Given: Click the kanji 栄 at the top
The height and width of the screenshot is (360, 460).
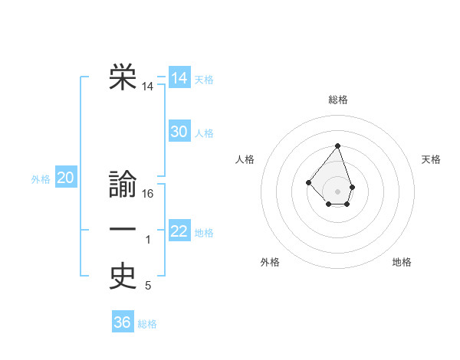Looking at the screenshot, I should (123, 77).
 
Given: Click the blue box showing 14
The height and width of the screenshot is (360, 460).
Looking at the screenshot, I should (179, 78).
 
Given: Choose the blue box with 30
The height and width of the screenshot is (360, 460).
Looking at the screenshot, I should (179, 132).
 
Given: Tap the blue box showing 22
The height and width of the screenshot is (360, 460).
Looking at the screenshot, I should (179, 231).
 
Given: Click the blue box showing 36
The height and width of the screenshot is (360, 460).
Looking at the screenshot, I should (123, 322).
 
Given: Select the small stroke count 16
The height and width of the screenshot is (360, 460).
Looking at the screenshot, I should (149, 195).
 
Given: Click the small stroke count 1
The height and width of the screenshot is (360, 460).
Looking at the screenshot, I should (149, 241).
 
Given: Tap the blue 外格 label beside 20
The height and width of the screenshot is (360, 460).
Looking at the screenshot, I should (41, 179).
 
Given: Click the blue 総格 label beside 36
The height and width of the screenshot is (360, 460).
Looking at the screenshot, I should (147, 323).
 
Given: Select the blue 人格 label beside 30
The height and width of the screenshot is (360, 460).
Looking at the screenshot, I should (204, 133).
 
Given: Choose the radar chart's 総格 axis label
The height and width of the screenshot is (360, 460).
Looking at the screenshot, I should (338, 100).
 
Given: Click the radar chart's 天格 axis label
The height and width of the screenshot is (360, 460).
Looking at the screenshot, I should (431, 159).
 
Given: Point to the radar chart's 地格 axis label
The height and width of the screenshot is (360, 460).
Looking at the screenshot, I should (402, 262).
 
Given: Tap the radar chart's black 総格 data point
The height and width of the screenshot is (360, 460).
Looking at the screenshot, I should (337, 146).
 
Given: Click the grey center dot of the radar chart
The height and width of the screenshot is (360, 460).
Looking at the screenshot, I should (337, 191).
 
